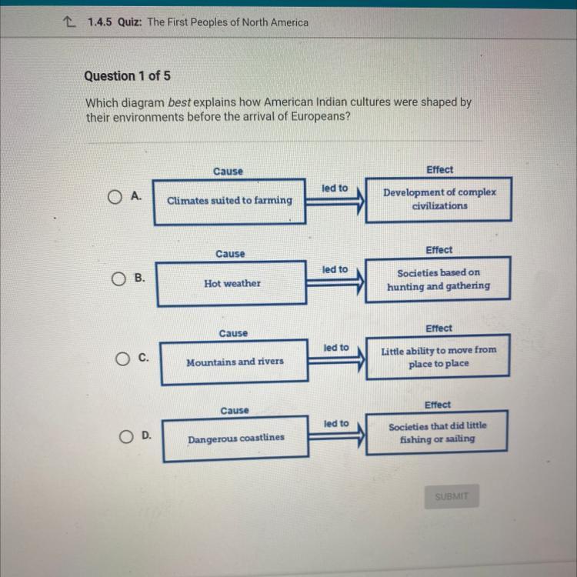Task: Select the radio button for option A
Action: (x=115, y=198)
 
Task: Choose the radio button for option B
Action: (x=118, y=278)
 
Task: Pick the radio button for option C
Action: (x=123, y=359)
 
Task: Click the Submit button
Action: (x=451, y=497)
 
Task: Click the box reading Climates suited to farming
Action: (x=229, y=201)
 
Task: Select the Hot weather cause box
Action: (x=232, y=283)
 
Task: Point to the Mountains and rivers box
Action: (x=235, y=362)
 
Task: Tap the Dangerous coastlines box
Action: (x=235, y=438)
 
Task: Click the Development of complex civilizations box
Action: (x=439, y=199)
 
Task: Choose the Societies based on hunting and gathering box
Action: (x=438, y=279)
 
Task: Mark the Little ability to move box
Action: (x=439, y=356)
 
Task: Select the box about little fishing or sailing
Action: (x=436, y=432)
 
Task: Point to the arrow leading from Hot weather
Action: (x=335, y=283)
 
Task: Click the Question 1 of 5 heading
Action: (x=127, y=76)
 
